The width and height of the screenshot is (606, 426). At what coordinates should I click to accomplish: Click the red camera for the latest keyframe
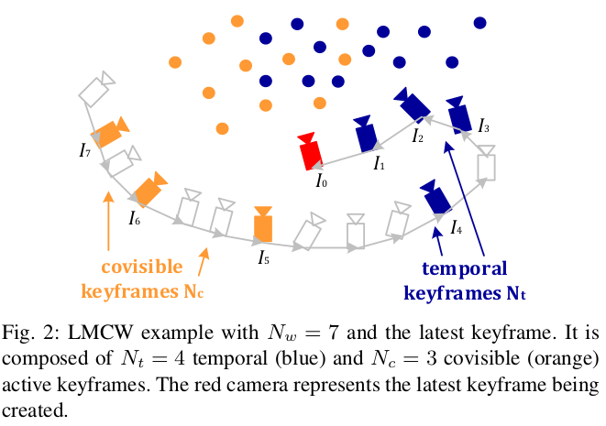[x=311, y=152]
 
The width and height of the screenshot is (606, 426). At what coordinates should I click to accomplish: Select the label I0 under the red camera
[x=321, y=182]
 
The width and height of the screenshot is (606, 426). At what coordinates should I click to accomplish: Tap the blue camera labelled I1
[x=366, y=135]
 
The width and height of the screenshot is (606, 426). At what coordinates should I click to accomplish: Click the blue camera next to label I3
[x=460, y=115]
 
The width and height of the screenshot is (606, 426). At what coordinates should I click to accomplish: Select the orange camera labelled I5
[x=263, y=223]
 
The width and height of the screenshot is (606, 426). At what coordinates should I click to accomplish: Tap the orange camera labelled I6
[x=149, y=190]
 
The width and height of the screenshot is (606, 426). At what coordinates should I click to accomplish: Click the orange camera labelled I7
[x=111, y=133]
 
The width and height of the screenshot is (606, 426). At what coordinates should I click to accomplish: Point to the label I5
[x=263, y=257]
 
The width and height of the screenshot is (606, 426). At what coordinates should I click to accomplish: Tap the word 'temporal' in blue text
[x=466, y=270]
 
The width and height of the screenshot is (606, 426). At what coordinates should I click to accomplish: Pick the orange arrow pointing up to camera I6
[x=108, y=220]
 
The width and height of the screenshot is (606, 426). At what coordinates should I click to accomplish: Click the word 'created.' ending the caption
[x=36, y=409]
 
